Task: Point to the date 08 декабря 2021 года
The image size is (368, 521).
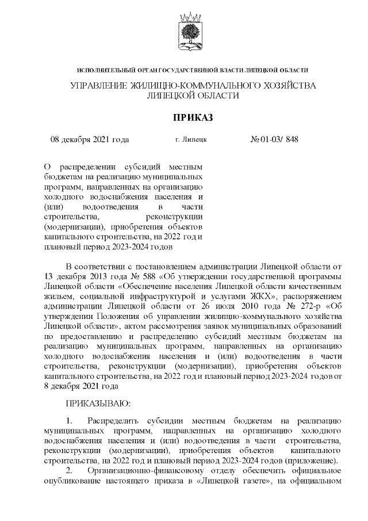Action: tap(90, 139)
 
